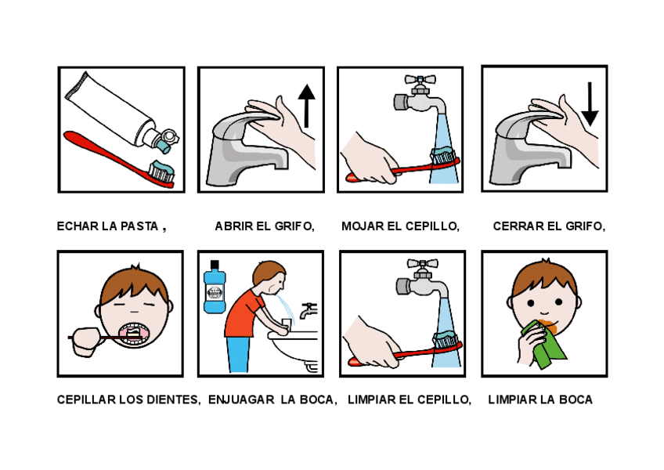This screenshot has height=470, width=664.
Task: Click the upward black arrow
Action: coord(306,106)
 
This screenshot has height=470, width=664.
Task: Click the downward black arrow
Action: coord(590,104)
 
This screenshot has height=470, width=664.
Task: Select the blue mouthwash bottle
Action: coord(215,287)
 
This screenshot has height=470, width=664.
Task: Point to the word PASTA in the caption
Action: coord(139,226)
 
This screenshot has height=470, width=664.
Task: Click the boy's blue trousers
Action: coord(238,355)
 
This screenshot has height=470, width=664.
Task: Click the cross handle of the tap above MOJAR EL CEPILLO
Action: coord(420,80)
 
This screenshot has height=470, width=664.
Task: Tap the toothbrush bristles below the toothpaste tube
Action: coord(162,172)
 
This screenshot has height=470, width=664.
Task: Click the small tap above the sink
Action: coord(308,311)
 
